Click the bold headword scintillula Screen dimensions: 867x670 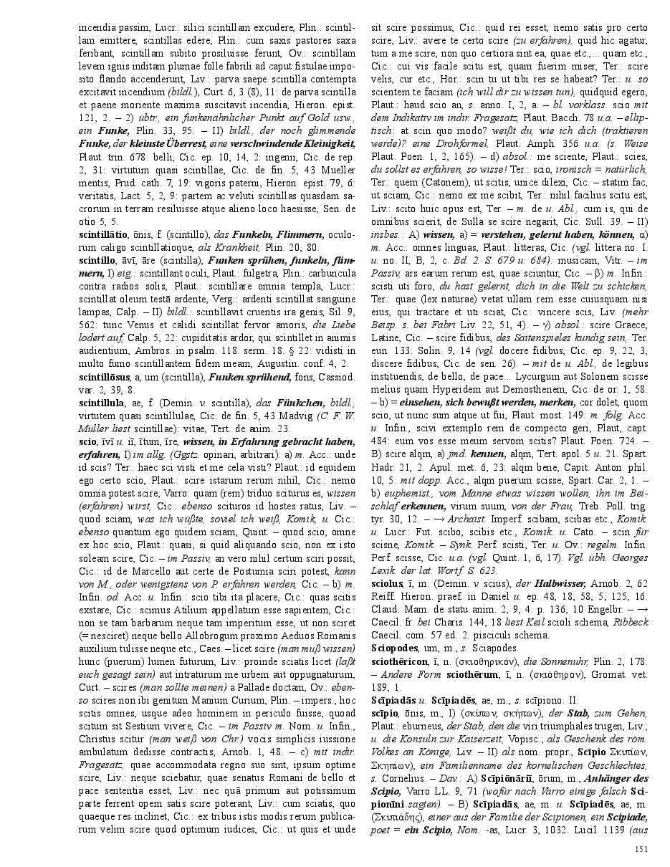pos(101,403)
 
